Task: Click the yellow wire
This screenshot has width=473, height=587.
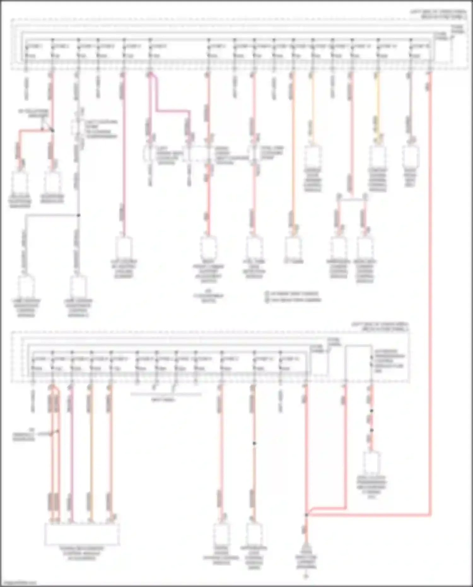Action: [x=378, y=104]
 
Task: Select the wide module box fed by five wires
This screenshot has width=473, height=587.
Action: [x=82, y=534]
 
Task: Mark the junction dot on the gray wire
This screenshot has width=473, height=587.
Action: [x=79, y=215]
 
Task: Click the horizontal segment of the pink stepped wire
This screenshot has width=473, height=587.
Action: [x=173, y=111]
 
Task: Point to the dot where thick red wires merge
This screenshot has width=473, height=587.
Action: [x=306, y=515]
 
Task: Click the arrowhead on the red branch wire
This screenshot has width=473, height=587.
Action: [x=43, y=128]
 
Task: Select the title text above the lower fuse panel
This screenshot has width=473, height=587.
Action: [x=380, y=326]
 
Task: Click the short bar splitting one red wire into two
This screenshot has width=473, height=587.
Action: [x=352, y=199]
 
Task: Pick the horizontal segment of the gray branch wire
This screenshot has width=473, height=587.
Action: [x=52, y=215]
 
